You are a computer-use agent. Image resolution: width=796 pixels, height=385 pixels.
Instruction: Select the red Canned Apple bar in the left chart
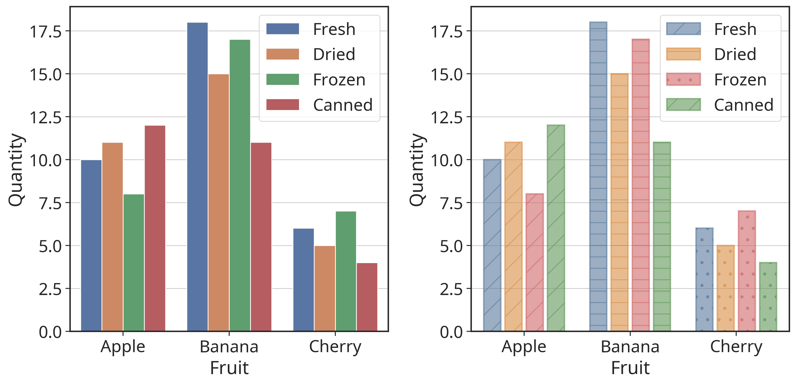click(x=155, y=228)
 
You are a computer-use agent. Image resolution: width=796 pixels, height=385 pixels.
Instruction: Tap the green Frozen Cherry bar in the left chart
click(x=346, y=271)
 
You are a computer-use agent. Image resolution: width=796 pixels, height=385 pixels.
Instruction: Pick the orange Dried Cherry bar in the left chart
click(x=324, y=288)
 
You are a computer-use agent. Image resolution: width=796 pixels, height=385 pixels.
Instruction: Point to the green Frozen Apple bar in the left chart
click(x=134, y=263)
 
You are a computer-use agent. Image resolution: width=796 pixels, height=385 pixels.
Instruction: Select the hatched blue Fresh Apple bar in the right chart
click(x=492, y=245)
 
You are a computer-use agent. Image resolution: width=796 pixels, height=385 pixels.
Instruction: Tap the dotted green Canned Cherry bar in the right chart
click(x=768, y=297)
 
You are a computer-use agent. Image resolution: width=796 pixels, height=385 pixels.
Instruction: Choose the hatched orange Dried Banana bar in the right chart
click(x=620, y=202)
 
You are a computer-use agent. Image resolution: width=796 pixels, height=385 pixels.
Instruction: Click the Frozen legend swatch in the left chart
click(x=282, y=79)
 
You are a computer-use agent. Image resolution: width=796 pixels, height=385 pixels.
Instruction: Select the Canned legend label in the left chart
click(x=343, y=105)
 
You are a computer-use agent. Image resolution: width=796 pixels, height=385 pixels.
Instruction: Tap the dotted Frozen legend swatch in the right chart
click(x=683, y=79)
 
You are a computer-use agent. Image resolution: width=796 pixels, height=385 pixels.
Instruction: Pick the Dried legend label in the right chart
click(x=735, y=54)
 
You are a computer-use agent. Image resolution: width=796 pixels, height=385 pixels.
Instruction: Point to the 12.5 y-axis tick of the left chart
click(x=45, y=117)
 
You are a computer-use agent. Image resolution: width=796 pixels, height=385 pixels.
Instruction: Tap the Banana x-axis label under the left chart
click(x=229, y=347)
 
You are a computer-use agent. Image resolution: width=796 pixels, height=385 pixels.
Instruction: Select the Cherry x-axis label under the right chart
click(x=736, y=347)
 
